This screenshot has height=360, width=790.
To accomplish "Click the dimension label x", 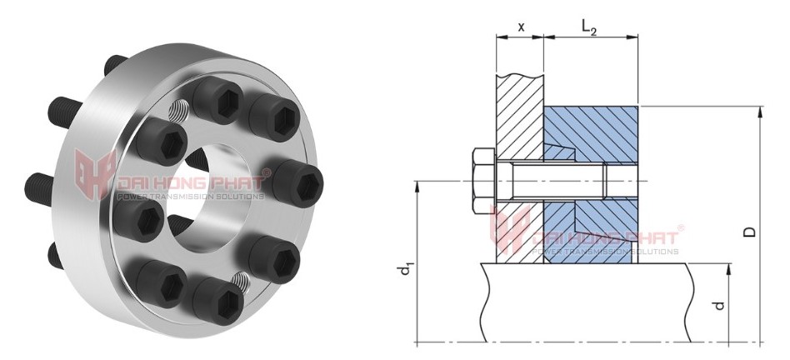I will click(521, 26).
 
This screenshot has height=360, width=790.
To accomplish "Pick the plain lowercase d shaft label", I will click(719, 305).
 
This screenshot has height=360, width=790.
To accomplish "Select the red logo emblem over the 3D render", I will click(93, 175).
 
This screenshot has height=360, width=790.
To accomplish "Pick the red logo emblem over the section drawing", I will click(509, 231).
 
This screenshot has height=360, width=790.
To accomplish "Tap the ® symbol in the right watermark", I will click(681, 227).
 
